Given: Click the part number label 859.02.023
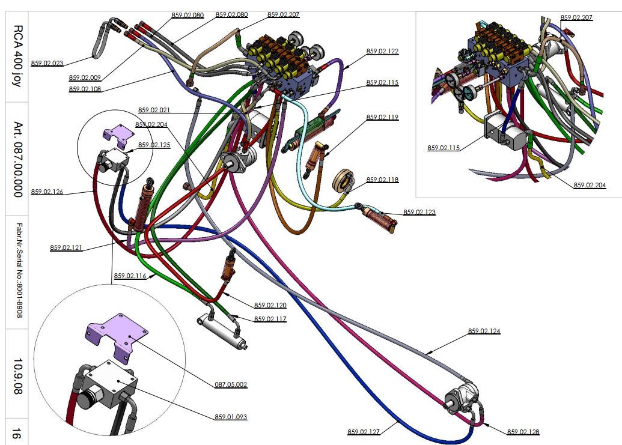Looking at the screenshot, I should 47,63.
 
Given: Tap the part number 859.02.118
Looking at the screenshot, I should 382,180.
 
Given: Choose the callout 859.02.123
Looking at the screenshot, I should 419,212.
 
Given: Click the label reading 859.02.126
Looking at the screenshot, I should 47,192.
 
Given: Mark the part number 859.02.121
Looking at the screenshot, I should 66,247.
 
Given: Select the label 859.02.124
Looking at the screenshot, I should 484,331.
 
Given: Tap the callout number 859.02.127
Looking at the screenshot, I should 364,432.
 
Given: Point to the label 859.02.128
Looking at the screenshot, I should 523,432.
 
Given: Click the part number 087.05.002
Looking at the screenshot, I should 231,384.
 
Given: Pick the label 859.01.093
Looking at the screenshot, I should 231,417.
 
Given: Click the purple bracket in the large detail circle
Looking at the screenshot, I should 117,337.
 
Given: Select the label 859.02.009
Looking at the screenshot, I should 85,77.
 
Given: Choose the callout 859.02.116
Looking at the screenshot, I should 130,276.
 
